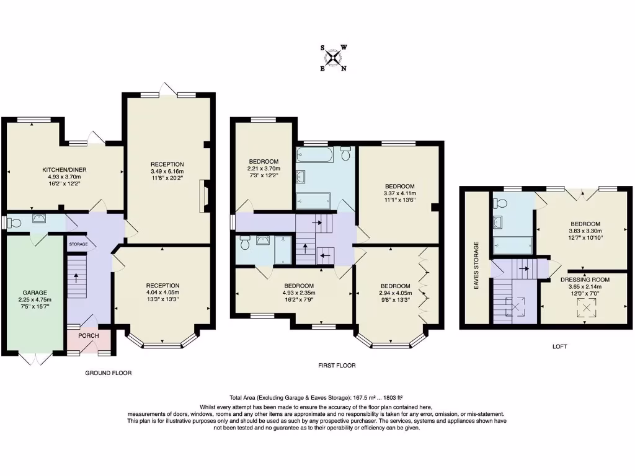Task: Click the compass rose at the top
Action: (334, 58)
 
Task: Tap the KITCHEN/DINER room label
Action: (64, 169)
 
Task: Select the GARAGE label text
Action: (35, 292)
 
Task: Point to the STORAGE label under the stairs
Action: (78, 245)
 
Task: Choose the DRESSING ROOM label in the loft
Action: (585, 280)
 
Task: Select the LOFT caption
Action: (559, 346)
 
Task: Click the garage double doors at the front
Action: (35, 358)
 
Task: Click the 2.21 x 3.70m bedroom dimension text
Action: (264, 169)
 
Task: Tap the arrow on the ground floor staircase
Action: (77, 276)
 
